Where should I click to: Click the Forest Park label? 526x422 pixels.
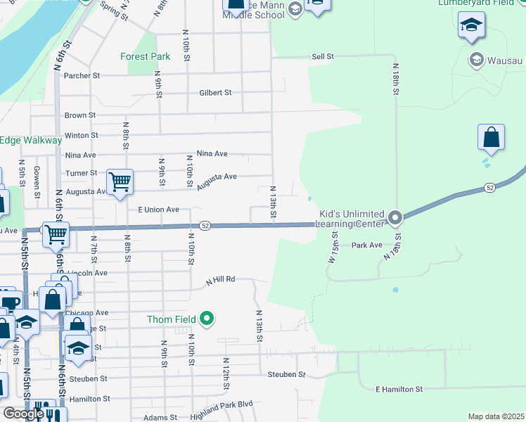pos(146,56)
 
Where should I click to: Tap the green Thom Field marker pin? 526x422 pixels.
pos(207,319)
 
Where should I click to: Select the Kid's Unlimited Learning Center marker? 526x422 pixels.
pos(394,218)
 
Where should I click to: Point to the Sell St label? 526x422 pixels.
pos(322,56)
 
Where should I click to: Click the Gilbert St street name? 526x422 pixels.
pos(215,92)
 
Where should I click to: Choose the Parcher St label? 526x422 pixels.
pos(82,75)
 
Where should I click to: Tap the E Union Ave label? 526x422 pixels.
pos(158,210)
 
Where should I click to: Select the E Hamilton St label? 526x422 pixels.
pos(399,389)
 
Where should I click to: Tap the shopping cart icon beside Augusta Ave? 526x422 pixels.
pos(120,182)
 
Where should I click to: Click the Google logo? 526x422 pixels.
pos(23,414)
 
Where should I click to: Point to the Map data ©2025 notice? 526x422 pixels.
pos(495,416)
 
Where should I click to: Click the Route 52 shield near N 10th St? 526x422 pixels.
pos(205,225)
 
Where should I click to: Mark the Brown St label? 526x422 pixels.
pos(79,115)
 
